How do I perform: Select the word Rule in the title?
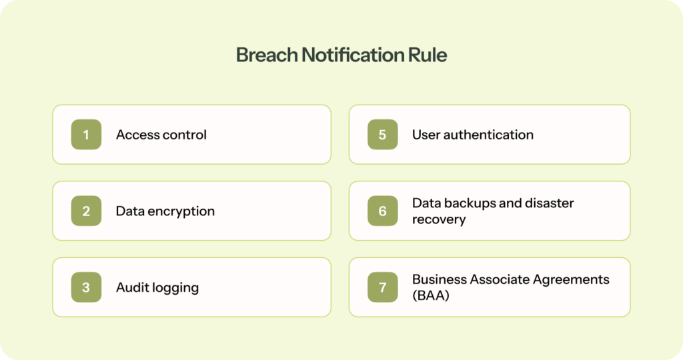click(x=428, y=55)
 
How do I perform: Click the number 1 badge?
click(x=86, y=135)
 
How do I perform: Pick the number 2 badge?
click(x=86, y=211)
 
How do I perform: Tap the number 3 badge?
click(x=86, y=288)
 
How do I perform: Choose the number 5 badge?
click(x=382, y=135)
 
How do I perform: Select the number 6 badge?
click(x=382, y=211)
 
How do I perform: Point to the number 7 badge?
click(x=382, y=288)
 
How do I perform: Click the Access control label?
click(x=161, y=135)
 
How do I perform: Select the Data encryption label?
click(x=165, y=211)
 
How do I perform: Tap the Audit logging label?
click(x=157, y=288)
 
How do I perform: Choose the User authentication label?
click(x=472, y=135)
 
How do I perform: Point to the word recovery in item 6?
click(x=438, y=220)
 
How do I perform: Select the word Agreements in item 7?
click(x=570, y=279)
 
